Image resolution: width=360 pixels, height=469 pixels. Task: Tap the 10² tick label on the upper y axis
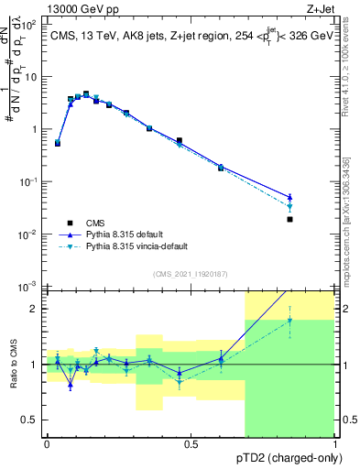tap(30, 25)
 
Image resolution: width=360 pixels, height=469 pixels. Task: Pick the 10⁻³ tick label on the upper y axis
tap(30, 288)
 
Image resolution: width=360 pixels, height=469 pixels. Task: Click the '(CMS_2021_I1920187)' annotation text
tap(190, 273)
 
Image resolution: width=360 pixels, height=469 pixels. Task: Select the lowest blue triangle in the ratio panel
tap(71, 386)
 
